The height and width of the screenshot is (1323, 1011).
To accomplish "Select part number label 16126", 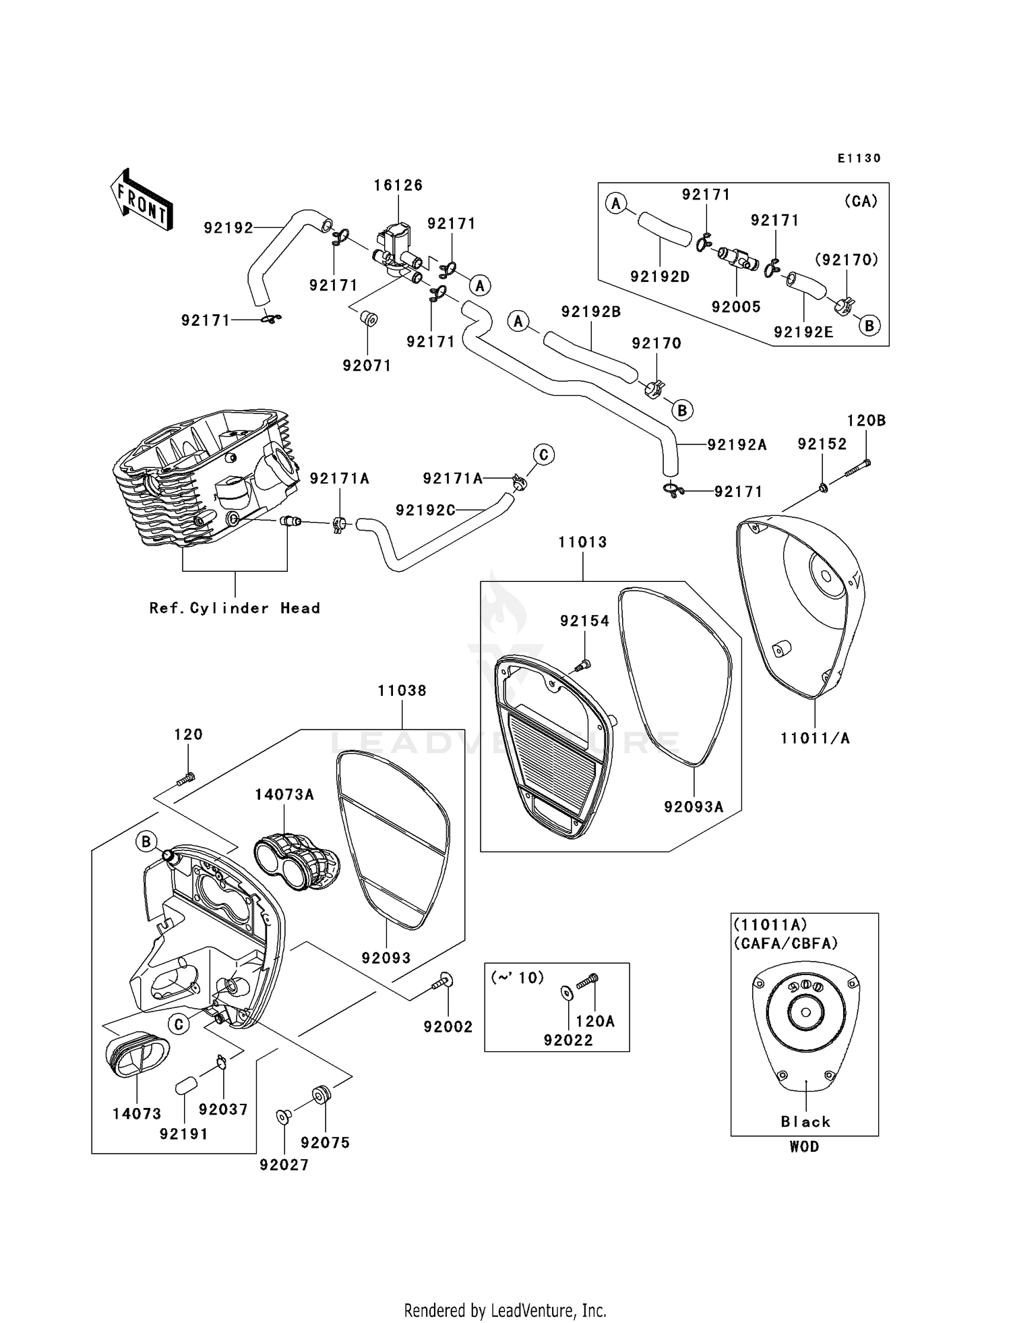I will point(398,185).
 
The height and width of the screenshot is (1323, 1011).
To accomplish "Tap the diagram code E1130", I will point(859,158).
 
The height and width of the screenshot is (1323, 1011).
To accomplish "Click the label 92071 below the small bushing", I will point(367,365).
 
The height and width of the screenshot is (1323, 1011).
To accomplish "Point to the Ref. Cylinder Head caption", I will point(235,608).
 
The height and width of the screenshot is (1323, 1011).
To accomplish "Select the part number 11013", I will point(582,542).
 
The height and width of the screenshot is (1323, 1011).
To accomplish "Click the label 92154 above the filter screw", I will point(584,621).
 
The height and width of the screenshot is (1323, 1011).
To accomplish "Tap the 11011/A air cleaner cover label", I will point(815,738).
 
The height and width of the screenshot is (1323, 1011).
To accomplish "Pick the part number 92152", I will point(822,444).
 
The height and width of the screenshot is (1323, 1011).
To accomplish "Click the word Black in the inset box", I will point(805,1122).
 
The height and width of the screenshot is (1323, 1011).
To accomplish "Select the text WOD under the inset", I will point(804,1146).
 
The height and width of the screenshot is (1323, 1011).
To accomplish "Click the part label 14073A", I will point(284,794).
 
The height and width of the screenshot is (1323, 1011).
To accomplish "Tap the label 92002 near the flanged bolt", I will point(448,1027).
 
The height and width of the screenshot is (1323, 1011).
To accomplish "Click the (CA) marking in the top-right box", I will point(861,201).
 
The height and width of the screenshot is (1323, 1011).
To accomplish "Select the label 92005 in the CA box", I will point(736,307).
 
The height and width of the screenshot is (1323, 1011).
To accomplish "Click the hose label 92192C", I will point(425,510).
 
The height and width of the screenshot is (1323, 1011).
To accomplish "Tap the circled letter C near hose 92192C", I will point(544,455).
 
